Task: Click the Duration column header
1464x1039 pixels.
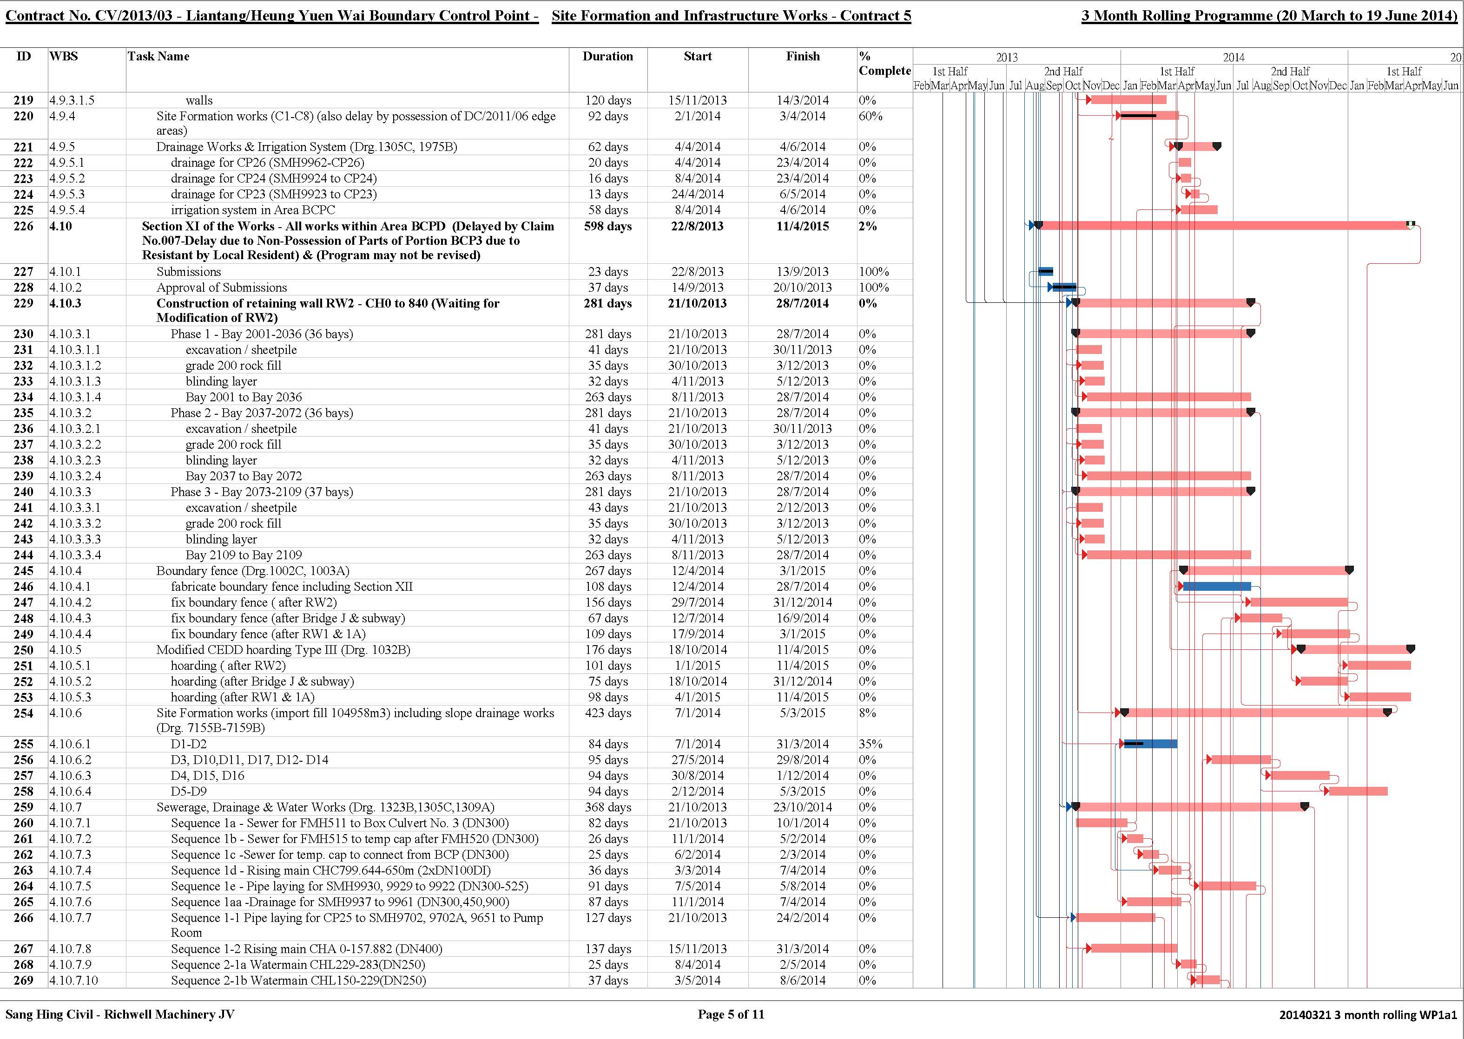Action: (607, 56)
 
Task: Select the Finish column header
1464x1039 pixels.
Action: (803, 56)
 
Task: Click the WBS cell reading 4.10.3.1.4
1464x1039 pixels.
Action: (75, 397)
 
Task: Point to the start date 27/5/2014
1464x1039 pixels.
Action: (698, 760)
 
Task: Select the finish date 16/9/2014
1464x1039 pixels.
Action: (803, 619)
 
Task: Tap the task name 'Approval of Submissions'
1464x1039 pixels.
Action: (222, 288)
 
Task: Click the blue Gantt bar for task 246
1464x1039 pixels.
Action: (1217, 587)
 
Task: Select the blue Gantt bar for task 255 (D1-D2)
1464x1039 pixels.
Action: (1150, 744)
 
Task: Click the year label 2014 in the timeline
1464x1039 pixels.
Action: (1233, 58)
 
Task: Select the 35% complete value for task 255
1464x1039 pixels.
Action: (870, 744)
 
